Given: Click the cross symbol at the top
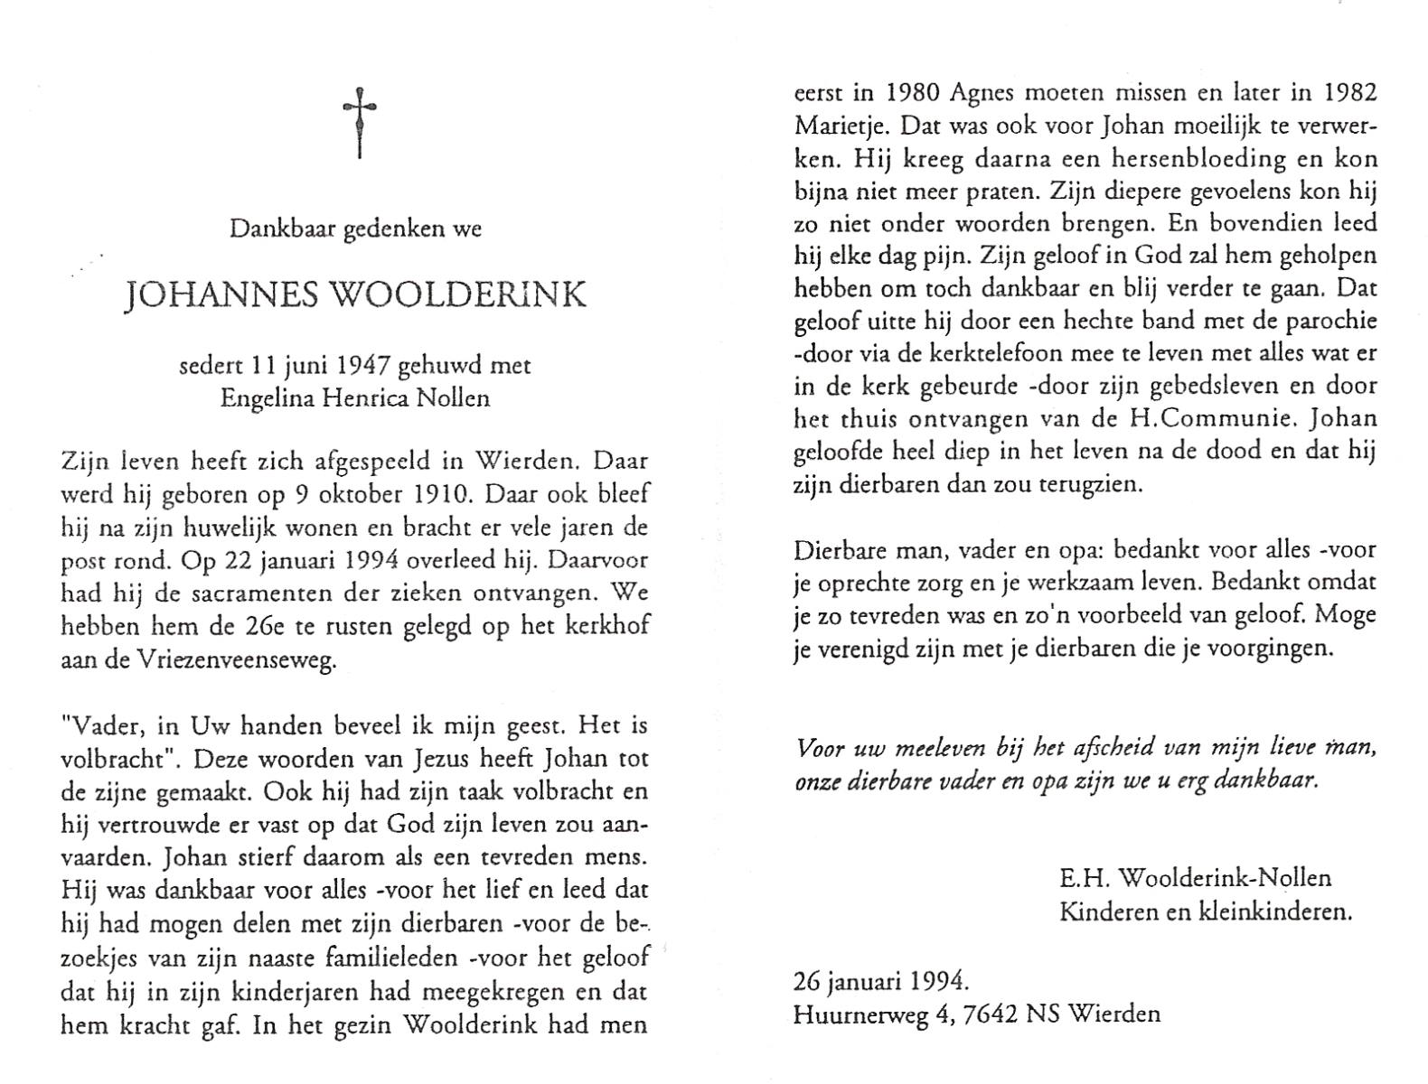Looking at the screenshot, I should tap(360, 121).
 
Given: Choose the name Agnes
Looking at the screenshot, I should tap(991, 91).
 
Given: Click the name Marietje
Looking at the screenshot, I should tap(841, 125).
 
